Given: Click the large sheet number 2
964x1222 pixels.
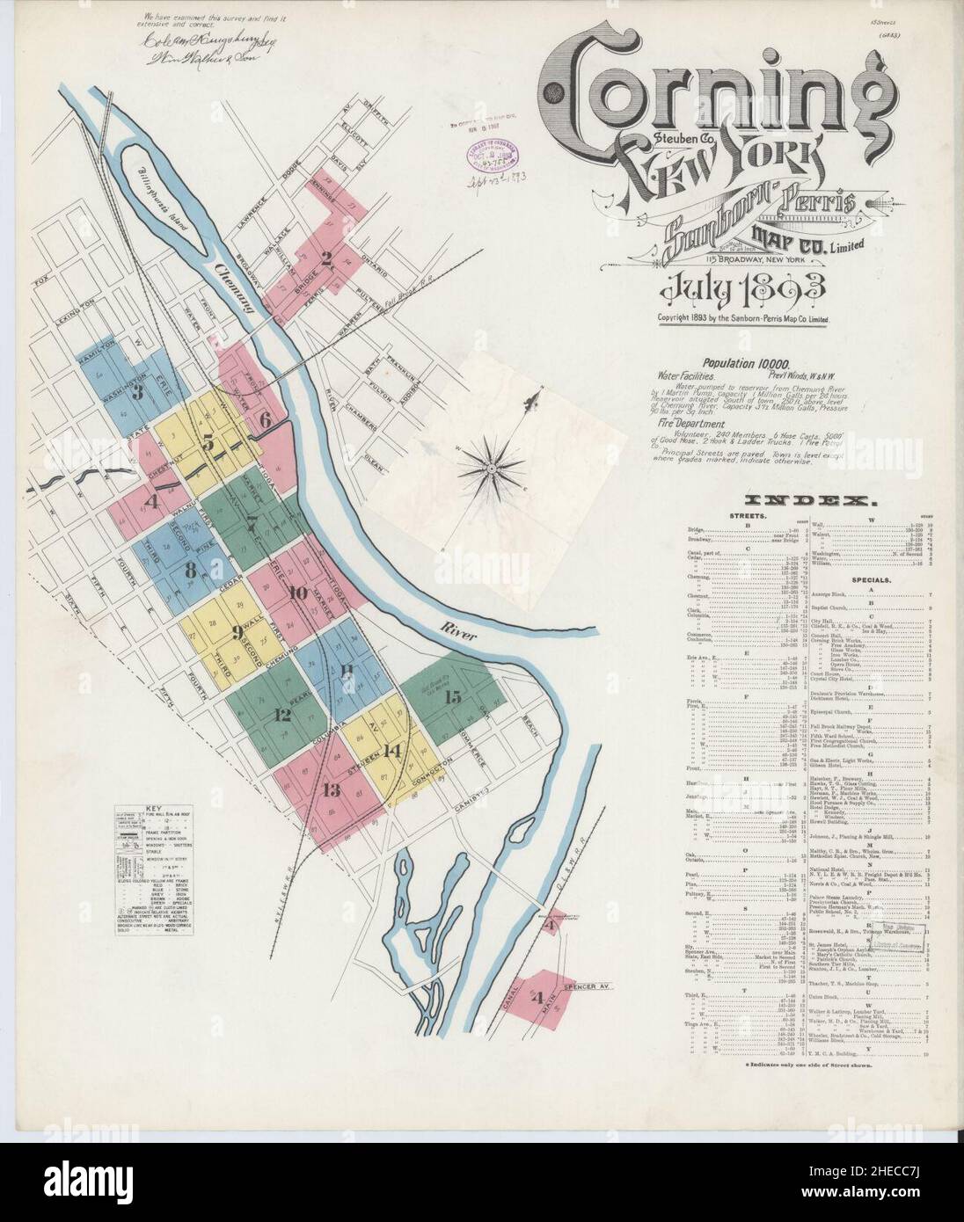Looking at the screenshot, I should pos(325,258).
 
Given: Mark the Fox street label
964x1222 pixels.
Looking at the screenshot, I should pos(37,282).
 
